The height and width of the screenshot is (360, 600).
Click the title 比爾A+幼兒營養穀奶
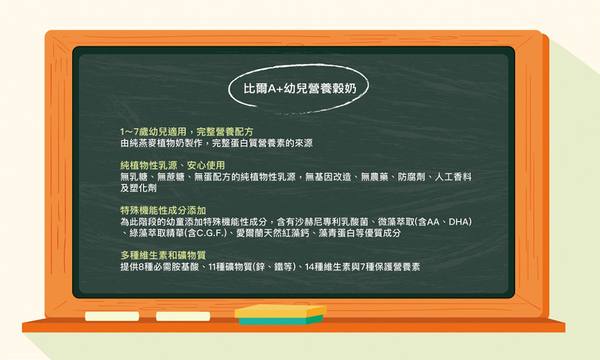click(299, 88)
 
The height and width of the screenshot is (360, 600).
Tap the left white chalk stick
click(112, 316)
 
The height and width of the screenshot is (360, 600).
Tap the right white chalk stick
click(183, 316)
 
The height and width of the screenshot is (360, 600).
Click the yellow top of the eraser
click(280, 310)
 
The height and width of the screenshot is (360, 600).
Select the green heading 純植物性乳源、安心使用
click(173, 165)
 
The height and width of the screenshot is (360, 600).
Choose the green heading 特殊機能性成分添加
click(163, 211)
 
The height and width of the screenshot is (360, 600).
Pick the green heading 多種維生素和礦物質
click(163, 255)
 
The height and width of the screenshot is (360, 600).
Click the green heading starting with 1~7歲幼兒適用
click(187, 132)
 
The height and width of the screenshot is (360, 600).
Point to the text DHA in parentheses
click(458, 222)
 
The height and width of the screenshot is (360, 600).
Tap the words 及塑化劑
click(139, 188)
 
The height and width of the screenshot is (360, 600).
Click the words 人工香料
click(453, 177)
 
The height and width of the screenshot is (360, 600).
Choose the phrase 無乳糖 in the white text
click(134, 177)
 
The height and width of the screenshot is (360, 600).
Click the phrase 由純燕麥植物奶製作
click(161, 143)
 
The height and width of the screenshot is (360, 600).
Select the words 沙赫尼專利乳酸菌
click(331, 222)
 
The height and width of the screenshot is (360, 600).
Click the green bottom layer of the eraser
click(280, 320)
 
